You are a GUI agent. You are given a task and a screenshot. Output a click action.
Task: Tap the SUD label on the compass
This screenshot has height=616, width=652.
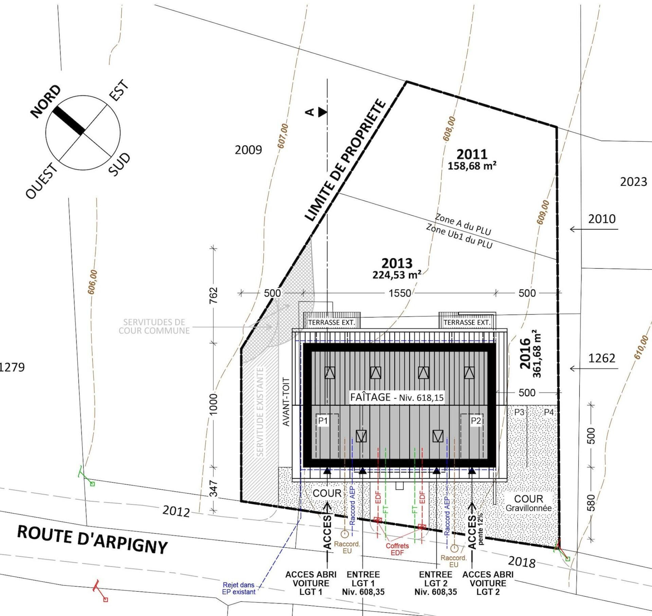(x=119, y=165)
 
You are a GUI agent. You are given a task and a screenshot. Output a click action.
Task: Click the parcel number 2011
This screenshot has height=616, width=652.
(x=472, y=154)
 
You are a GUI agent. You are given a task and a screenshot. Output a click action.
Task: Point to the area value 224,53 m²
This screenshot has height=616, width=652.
(x=397, y=274)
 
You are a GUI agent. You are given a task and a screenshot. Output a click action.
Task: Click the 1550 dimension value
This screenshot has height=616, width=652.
(x=400, y=293)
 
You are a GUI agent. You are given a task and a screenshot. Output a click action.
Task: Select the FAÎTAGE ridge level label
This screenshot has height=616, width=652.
(x=397, y=397)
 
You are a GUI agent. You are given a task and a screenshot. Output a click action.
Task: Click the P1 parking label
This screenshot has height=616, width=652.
(x=323, y=421)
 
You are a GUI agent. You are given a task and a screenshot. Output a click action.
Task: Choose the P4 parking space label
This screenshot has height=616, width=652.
(x=549, y=412)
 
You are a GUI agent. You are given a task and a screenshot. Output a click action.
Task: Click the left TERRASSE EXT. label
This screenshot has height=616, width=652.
(x=331, y=322)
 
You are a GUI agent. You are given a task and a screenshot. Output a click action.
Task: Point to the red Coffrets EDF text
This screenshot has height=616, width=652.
(x=397, y=549)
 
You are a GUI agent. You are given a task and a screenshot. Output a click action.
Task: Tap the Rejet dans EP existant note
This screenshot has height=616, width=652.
(x=239, y=589)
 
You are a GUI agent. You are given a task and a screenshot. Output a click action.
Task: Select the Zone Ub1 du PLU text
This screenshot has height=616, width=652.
(x=459, y=236)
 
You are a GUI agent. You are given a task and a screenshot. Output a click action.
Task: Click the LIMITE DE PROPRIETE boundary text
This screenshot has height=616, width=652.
(x=345, y=161)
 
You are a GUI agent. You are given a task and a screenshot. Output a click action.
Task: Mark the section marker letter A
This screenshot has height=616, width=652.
(x=310, y=112)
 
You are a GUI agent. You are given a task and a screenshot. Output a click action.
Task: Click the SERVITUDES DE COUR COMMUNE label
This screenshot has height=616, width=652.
(x=155, y=326)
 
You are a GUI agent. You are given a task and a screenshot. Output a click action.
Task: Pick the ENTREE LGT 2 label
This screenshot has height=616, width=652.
(x=436, y=583)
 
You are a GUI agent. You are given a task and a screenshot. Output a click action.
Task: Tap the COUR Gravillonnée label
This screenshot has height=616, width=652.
(x=528, y=503)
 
